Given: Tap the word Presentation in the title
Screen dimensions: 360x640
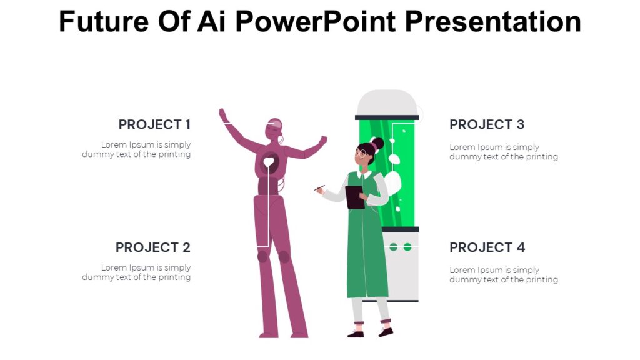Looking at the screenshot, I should coord(493,22).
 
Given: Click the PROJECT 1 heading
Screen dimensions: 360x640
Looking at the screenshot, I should coord(154,124).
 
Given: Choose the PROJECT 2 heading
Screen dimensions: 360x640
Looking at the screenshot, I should coord(152,247).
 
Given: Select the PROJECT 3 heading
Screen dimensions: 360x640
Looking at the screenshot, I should coord(487,124).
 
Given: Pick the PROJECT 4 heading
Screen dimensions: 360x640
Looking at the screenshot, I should coord(487,247).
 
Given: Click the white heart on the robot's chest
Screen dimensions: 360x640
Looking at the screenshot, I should coord(269,162).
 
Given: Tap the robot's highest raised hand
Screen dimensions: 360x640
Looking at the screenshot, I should coord(223,115).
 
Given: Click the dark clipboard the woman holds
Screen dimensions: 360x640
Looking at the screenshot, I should coord(355,197).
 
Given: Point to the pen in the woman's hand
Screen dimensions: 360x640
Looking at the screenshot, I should coord(319,187).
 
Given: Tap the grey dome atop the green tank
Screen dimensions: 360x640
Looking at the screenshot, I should coord(387,102).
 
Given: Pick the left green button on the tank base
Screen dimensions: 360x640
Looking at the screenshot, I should coord(394,247).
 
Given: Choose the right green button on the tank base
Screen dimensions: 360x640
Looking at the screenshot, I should coord(407,247).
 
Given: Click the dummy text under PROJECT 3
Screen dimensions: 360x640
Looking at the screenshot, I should coord(503,152).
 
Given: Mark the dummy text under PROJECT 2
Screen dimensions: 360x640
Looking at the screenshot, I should coord(136,272).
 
